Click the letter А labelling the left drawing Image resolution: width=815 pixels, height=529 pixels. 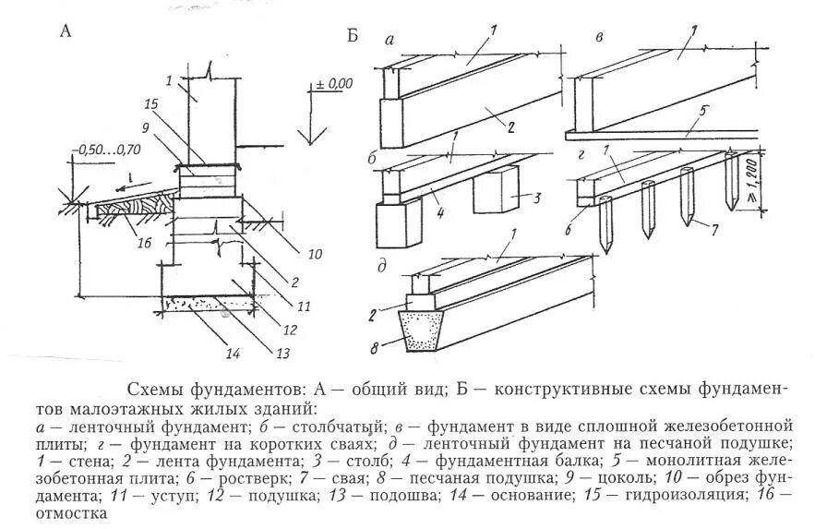point(66,30)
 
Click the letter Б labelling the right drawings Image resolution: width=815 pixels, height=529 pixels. point(352,35)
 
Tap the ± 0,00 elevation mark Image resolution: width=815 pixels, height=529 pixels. point(334,84)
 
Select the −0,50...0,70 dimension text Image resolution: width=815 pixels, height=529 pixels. point(104,149)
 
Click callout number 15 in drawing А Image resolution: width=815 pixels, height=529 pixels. point(152,102)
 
